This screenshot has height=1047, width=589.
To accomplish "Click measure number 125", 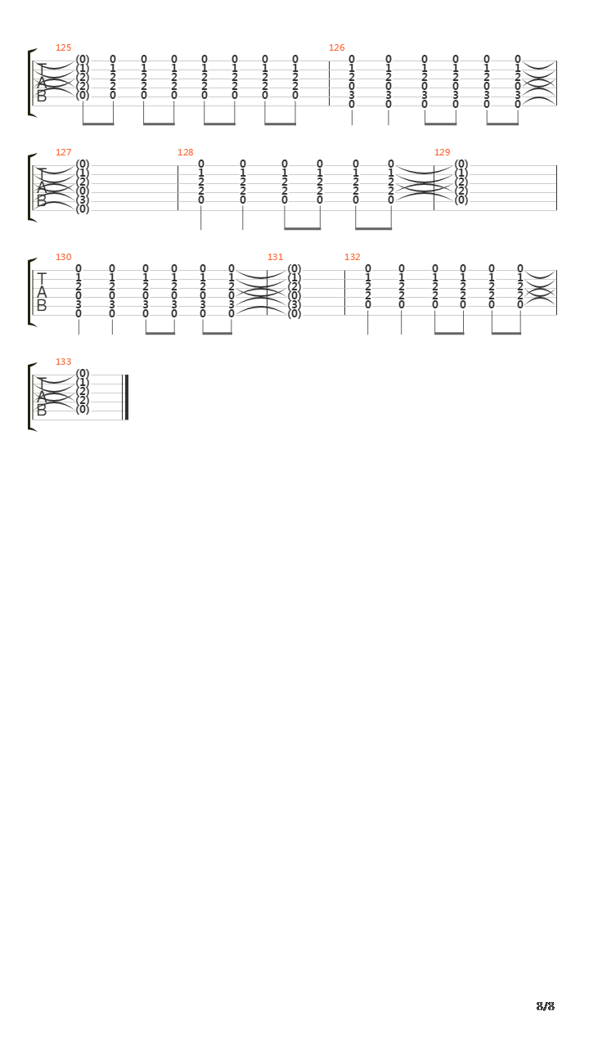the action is point(64,47).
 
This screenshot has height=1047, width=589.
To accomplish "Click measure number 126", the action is point(336,47).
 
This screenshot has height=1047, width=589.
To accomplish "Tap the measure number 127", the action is point(64,152).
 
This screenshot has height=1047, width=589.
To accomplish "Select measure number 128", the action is point(185,152).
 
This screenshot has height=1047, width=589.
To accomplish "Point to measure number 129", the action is point(443,152).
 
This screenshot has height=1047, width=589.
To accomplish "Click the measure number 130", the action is point(64,257).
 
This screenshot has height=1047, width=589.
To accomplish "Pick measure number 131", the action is point(276,257).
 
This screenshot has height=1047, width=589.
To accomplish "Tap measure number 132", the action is point(353,257).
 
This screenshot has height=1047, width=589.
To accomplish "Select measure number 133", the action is point(64,362).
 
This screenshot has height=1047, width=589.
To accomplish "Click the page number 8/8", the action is point(546,1006).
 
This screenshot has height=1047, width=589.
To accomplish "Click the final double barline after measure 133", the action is point(125,398).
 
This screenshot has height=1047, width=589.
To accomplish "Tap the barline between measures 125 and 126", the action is point(330,83).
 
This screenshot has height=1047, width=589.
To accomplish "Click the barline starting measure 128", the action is point(178,188).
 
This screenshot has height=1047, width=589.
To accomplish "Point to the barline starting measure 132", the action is point(345,293).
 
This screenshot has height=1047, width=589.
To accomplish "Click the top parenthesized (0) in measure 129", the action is point(461,164).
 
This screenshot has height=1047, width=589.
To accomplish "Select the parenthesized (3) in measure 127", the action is point(83,200).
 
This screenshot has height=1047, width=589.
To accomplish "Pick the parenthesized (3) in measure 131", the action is point(294,305).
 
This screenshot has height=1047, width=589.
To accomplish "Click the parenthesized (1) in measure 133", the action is point(83,382).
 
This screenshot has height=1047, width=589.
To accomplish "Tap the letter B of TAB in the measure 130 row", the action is point(42,306).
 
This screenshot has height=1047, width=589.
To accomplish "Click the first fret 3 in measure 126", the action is point(352,96).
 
